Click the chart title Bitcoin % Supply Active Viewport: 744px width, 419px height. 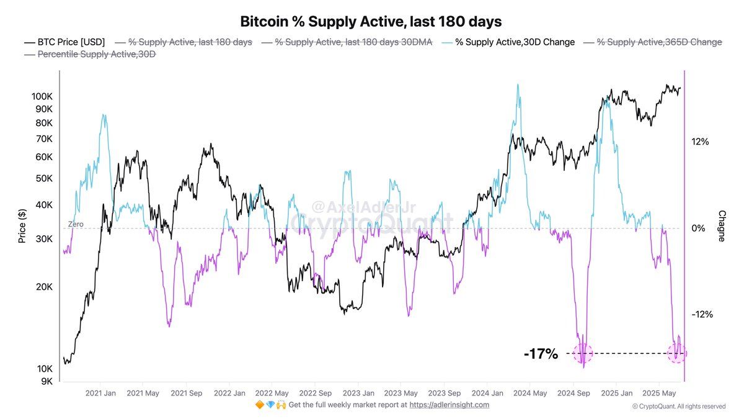tap(371, 21)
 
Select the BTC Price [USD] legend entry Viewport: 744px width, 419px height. tap(64, 42)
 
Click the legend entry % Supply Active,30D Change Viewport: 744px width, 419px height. tap(508, 42)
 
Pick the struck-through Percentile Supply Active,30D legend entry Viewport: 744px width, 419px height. tap(90, 55)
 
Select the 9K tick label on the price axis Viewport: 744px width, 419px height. tap(46, 381)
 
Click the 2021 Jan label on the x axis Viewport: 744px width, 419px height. tap(100, 393)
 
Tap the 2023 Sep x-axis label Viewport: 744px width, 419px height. tap(445, 393)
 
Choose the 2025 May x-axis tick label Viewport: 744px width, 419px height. tap(660, 393)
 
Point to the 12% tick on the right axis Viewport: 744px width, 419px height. tap(701, 142)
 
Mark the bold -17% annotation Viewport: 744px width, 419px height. tap(541, 354)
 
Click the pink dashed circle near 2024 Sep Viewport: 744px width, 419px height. tap(583, 353)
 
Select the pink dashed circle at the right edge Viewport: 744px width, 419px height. tap(677, 353)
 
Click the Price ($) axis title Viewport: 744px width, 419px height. tap(22, 225)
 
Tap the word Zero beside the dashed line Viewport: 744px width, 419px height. tap(76, 224)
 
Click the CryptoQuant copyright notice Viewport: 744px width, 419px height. tap(678, 407)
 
